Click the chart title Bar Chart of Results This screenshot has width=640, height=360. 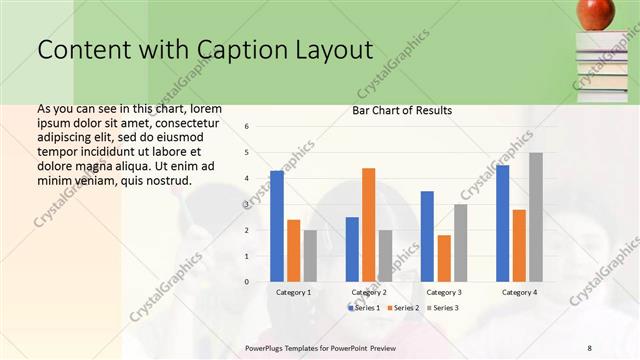click(x=402, y=110)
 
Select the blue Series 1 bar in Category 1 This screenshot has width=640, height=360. click(x=277, y=226)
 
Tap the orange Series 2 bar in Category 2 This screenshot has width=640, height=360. click(x=368, y=225)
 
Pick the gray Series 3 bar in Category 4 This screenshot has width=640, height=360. click(x=535, y=217)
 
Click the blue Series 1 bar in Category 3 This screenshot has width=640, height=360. click(x=427, y=236)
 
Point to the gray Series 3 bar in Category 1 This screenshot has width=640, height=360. click(x=310, y=256)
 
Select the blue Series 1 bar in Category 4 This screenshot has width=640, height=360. click(x=502, y=223)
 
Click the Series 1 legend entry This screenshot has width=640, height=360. click(x=364, y=307)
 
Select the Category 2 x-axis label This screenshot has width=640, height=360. click(x=369, y=292)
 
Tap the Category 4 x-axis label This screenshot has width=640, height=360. click(x=519, y=292)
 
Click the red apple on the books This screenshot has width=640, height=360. click(x=598, y=13)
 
